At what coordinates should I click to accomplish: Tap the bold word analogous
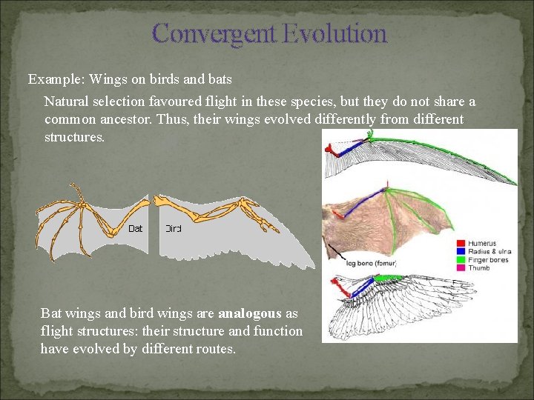(250, 313)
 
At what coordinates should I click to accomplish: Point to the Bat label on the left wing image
(136, 229)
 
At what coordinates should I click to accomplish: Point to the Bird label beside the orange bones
(173, 229)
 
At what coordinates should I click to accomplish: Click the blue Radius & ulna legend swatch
(461, 252)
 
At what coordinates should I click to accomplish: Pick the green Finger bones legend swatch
(461, 260)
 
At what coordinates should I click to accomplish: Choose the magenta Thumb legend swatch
(461, 268)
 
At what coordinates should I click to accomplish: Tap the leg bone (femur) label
(372, 263)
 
